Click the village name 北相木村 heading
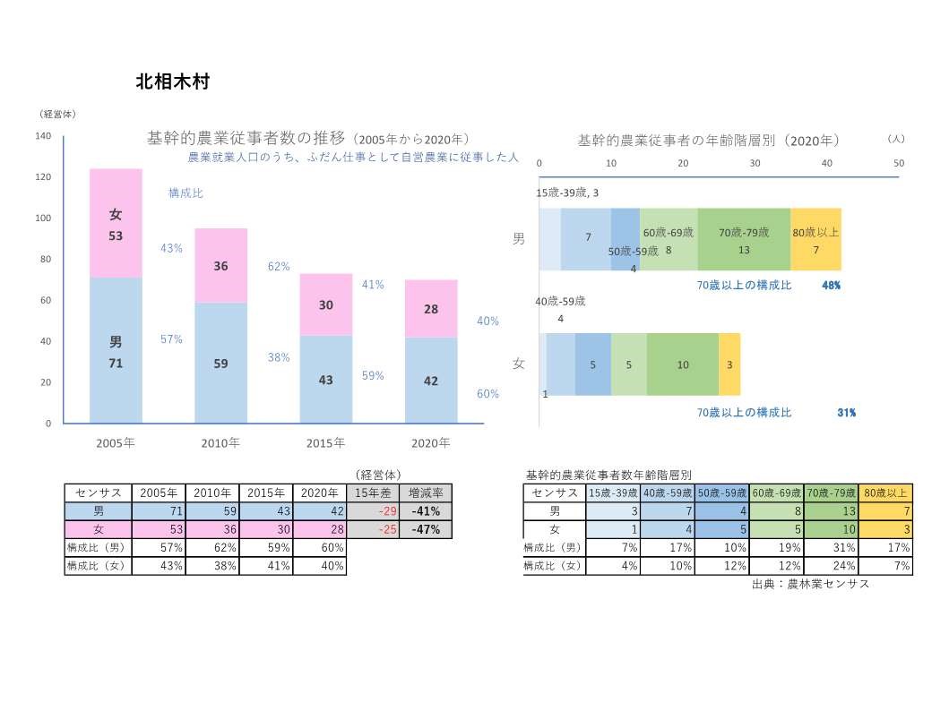(173, 81)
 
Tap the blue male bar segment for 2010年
(220, 363)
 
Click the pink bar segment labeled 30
(326, 304)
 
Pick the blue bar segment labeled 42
(431, 381)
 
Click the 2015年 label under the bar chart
(326, 443)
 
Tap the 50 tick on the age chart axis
(899, 163)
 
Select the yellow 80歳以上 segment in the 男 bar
(815, 239)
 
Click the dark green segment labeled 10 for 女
(683, 364)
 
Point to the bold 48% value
(831, 286)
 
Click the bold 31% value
(846, 413)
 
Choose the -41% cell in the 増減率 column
(425, 511)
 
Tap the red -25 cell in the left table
(372, 529)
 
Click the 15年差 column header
(372, 493)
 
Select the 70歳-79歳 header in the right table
(831, 493)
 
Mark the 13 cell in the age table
(831, 511)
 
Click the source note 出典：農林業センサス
(811, 584)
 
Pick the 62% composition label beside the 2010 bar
(279, 267)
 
